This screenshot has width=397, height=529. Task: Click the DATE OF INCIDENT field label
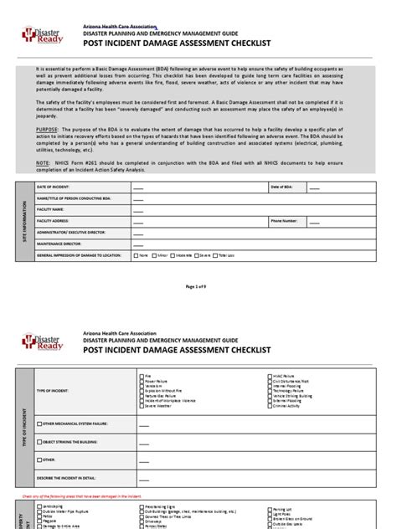51,212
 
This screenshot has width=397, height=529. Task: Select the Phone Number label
283,221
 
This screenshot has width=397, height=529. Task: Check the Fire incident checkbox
140,377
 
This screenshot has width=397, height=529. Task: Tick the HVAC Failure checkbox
270,377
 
